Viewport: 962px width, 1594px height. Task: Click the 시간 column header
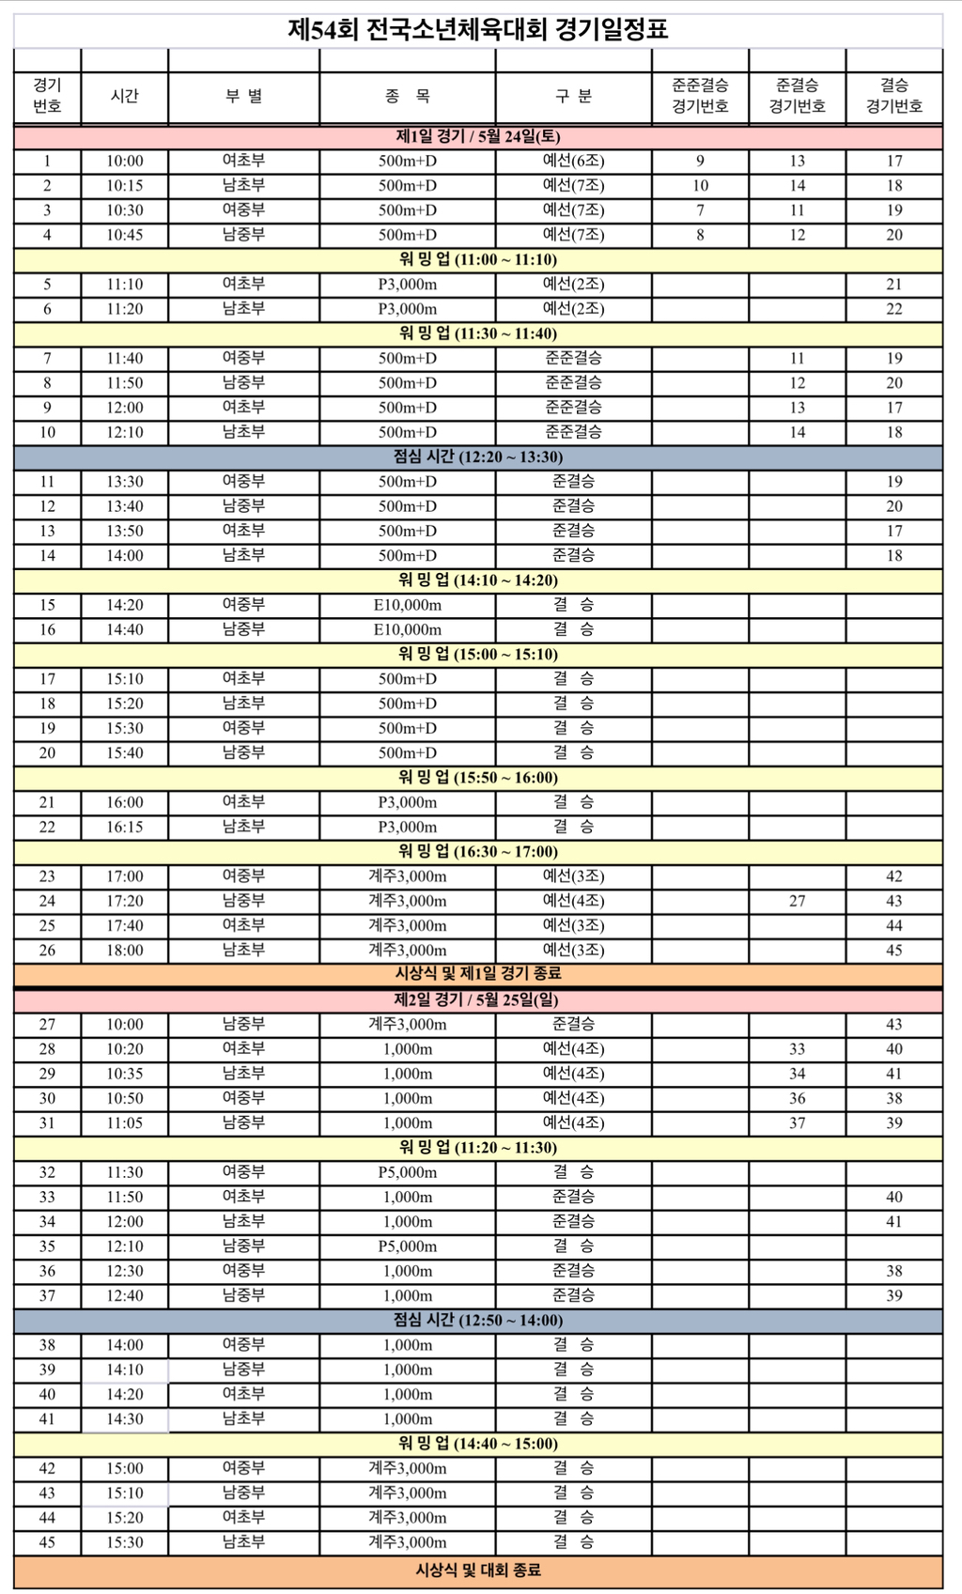pyautogui.click(x=125, y=96)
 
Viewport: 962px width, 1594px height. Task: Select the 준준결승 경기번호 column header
pyautogui.click(x=700, y=96)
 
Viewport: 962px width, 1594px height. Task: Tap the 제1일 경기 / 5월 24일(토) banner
pyautogui.click(x=477, y=137)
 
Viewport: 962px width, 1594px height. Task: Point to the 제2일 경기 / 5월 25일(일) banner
pyautogui.click(x=477, y=1000)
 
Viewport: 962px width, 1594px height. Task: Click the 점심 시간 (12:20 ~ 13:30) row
pyautogui.click(x=477, y=457)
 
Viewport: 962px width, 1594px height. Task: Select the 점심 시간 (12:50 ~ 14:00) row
pyautogui.click(x=477, y=1321)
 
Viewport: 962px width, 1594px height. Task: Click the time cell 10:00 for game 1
pyautogui.click(x=125, y=162)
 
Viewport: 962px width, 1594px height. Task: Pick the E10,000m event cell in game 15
pyautogui.click(x=407, y=606)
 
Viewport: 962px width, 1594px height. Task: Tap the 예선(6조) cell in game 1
pyautogui.click(x=573, y=162)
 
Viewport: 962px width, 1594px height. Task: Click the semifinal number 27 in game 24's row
pyautogui.click(x=797, y=902)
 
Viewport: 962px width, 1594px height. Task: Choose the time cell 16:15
pyautogui.click(x=125, y=828)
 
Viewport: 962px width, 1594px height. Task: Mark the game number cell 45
pyautogui.click(x=47, y=1542)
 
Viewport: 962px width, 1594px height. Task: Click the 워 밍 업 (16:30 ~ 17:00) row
pyautogui.click(x=477, y=852)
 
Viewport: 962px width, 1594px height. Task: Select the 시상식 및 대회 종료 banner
pyautogui.click(x=477, y=1571)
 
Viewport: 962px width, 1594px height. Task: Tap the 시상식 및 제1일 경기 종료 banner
pyautogui.click(x=477, y=974)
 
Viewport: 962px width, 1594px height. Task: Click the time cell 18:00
pyautogui.click(x=125, y=951)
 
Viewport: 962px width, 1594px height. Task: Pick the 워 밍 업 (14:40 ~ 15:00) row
pyautogui.click(x=477, y=1444)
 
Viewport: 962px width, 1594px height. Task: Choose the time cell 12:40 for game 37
pyautogui.click(x=125, y=1296)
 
